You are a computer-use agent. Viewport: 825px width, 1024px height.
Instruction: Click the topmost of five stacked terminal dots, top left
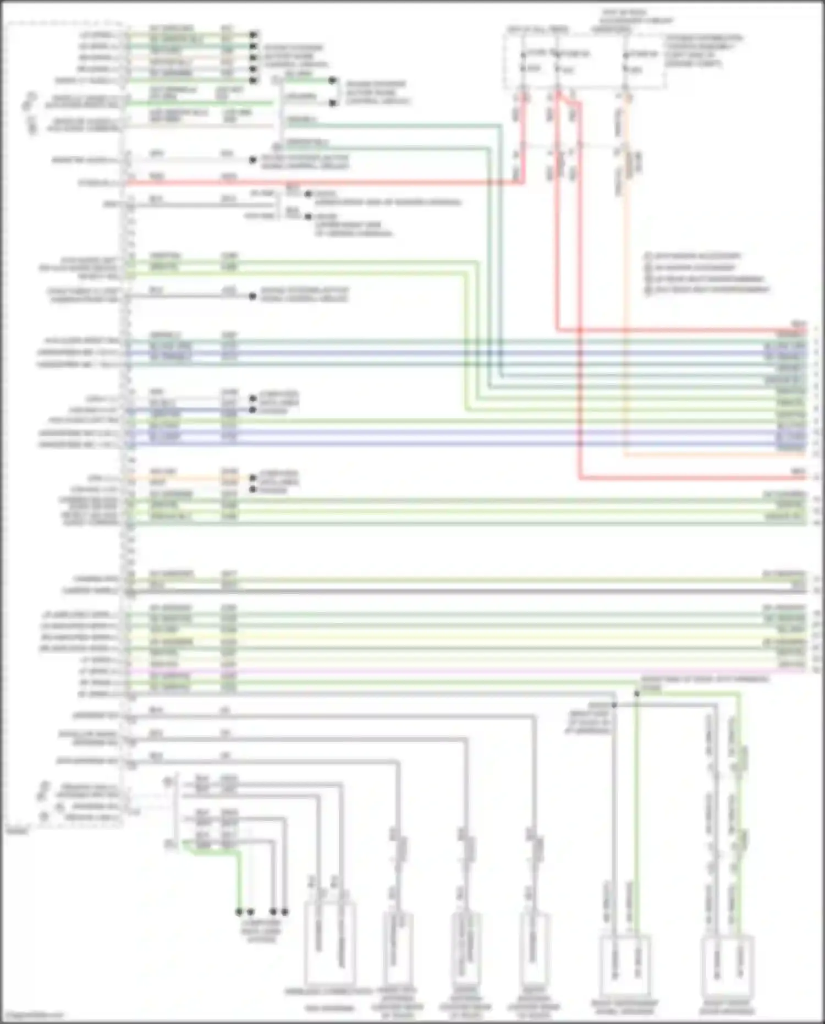[253, 35]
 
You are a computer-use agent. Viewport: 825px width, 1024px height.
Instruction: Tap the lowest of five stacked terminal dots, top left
[253, 80]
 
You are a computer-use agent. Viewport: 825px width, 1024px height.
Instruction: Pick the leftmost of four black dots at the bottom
[239, 912]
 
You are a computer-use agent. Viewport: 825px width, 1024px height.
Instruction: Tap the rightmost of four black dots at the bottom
[285, 912]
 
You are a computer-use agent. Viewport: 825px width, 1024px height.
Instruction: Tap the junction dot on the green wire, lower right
[637, 694]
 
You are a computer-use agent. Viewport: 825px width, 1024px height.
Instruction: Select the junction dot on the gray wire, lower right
[614, 705]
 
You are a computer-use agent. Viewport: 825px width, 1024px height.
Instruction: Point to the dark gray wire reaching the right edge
[468, 592]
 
